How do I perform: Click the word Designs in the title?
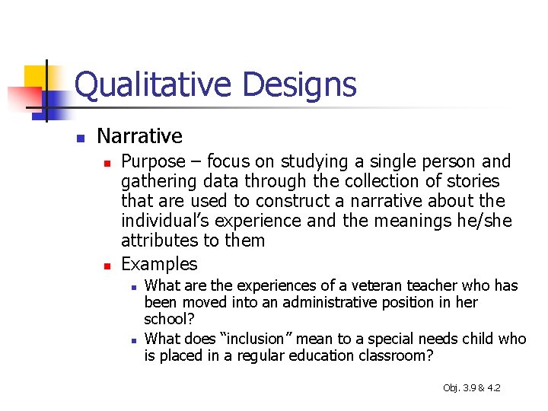(299, 84)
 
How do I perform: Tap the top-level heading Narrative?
(140, 136)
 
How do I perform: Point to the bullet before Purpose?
(107, 163)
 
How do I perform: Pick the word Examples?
(159, 264)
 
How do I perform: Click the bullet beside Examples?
(107, 266)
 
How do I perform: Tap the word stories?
(473, 181)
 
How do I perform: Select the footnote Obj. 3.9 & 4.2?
(471, 388)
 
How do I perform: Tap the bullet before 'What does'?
(132, 339)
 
